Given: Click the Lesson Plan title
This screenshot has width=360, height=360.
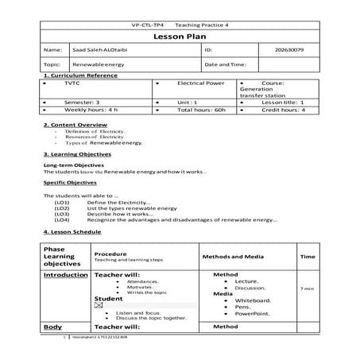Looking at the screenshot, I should pyautogui.click(x=180, y=37).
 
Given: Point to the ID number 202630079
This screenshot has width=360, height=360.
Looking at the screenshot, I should pyautogui.click(x=290, y=50).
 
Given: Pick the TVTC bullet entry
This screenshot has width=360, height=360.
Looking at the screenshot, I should pyautogui.click(x=72, y=83).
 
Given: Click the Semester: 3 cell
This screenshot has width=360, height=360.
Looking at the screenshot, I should pyautogui.click(x=82, y=103).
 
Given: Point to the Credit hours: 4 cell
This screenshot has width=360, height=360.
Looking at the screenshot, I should pyautogui.click(x=283, y=110).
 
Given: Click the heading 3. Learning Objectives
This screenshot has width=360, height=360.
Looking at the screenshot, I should pyautogui.click(x=78, y=155).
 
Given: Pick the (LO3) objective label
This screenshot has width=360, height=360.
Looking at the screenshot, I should pyautogui.click(x=61, y=214).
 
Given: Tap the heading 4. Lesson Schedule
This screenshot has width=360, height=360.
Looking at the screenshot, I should pyautogui.click(x=72, y=232).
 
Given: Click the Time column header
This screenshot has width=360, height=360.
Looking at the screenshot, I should pyautogui.click(x=308, y=257).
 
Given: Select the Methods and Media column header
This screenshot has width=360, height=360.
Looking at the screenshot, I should pyautogui.click(x=232, y=257).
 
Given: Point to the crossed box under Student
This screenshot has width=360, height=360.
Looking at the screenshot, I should pyautogui.click(x=99, y=305).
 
